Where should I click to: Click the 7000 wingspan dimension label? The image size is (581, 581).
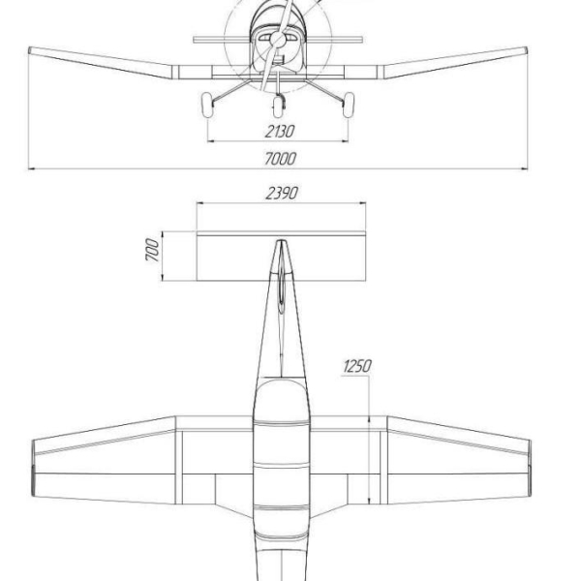click(x=280, y=159)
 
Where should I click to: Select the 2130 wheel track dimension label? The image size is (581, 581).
click(x=280, y=131)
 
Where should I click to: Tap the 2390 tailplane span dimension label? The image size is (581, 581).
click(x=282, y=193)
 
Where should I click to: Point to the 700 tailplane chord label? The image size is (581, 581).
click(x=152, y=250)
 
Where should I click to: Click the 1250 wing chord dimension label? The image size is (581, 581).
click(x=356, y=366)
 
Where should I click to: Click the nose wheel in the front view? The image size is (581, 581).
click(x=278, y=107)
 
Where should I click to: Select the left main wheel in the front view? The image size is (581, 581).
click(x=207, y=105)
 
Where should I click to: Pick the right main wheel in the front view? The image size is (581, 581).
click(x=349, y=105)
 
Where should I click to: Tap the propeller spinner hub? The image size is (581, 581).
click(x=278, y=39)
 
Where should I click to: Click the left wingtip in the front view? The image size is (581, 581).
click(x=30, y=50)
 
